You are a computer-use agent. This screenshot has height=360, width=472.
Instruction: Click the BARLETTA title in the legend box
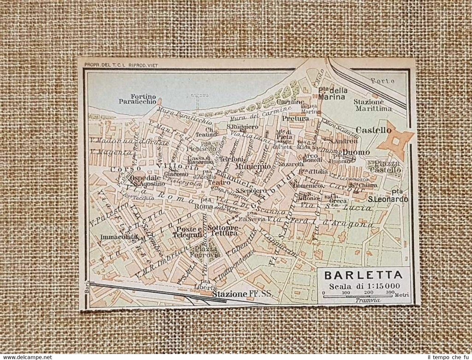(363, 276)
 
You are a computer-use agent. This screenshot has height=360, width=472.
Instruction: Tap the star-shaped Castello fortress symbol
(396, 141)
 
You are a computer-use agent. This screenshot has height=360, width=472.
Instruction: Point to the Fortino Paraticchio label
(138, 99)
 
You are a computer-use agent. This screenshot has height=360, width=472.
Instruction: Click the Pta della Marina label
(332, 94)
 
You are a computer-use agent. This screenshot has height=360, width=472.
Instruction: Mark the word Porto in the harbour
(382, 80)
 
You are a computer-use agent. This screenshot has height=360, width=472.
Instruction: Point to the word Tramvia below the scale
(368, 300)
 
